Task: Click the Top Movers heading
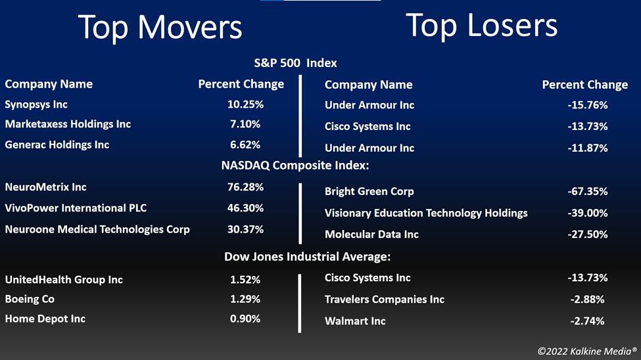pos(160,28)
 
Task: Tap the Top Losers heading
pos(481,26)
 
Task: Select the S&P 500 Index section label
pos(295,63)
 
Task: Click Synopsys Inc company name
pos(36,104)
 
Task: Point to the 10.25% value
pos(245,104)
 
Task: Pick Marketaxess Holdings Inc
pos(68,124)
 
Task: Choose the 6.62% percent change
pos(245,145)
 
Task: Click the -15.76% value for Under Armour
pos(588,105)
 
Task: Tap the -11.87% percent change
pos(588,148)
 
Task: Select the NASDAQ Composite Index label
pos(295,166)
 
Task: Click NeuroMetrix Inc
pos(45,187)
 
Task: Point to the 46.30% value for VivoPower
pos(245,208)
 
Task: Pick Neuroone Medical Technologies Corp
pos(97,230)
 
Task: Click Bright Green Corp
pos(369,192)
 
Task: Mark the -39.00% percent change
pos(588,213)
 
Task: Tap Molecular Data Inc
pos(371,235)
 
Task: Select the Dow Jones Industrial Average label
pos(308,257)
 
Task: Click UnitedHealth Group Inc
pos(64,280)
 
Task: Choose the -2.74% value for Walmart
pos(588,321)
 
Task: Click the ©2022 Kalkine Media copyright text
pos(587,351)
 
